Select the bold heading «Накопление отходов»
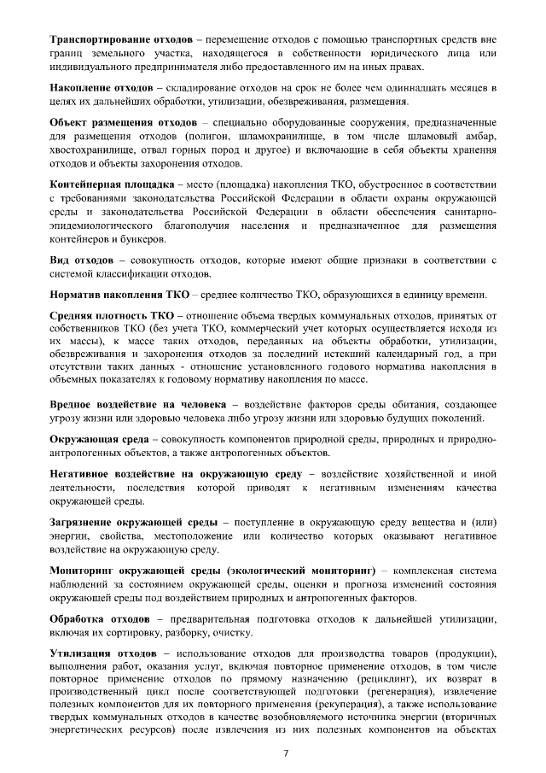click(102, 88)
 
